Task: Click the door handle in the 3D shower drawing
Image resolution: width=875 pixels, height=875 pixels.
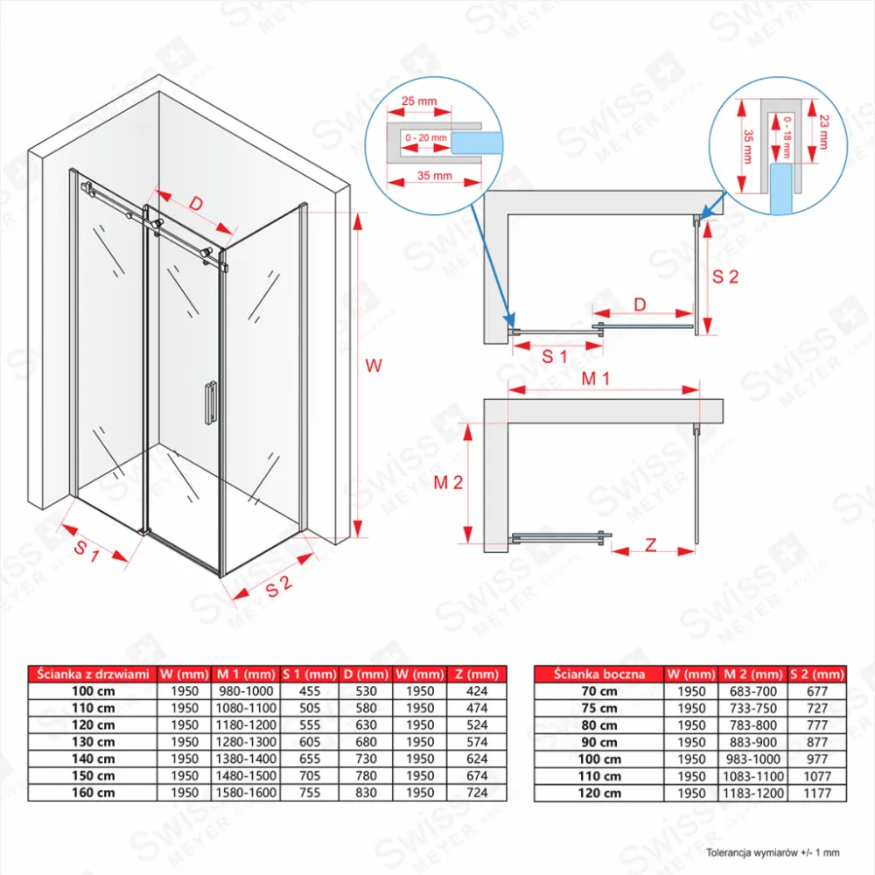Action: pyautogui.click(x=210, y=403)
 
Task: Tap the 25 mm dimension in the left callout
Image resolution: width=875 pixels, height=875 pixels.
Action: pyautogui.click(x=419, y=101)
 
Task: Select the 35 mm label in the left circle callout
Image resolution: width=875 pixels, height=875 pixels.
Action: pyautogui.click(x=435, y=176)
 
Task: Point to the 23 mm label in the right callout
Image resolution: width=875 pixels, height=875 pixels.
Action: pyautogui.click(x=824, y=132)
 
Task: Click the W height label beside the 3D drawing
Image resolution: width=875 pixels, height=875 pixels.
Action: pyautogui.click(x=374, y=366)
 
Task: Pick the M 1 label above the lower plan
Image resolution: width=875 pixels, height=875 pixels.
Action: pyautogui.click(x=595, y=379)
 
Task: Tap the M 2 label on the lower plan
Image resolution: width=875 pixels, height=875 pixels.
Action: pyautogui.click(x=448, y=483)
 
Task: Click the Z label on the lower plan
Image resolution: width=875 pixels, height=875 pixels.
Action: pyautogui.click(x=651, y=544)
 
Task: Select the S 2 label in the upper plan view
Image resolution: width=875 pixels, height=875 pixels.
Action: pyautogui.click(x=725, y=276)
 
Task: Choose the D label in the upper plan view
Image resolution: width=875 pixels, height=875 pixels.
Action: pyautogui.click(x=640, y=304)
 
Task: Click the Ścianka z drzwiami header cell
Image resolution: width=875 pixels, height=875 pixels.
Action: pyautogui.click(x=94, y=674)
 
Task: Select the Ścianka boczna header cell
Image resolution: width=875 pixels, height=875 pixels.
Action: pyautogui.click(x=598, y=674)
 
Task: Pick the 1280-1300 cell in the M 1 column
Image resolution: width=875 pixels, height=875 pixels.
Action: pyautogui.click(x=246, y=742)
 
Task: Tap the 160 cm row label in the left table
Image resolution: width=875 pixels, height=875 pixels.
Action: pyautogui.click(x=94, y=793)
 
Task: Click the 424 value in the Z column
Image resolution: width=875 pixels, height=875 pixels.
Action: pyautogui.click(x=477, y=691)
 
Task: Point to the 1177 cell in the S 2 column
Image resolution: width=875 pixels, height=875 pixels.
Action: pyautogui.click(x=817, y=793)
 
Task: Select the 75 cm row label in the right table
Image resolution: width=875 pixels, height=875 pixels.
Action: pyautogui.click(x=599, y=708)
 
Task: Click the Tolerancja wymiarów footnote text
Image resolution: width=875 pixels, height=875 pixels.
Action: pyautogui.click(x=773, y=852)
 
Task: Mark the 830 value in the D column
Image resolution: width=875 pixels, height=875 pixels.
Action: pyautogui.click(x=366, y=793)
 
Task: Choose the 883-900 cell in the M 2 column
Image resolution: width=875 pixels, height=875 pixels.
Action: pyautogui.click(x=753, y=742)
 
